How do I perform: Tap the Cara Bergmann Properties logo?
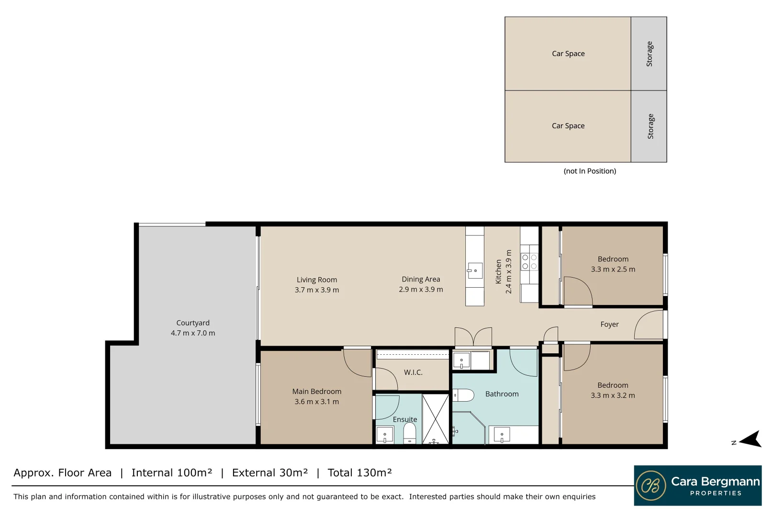[x=698, y=485]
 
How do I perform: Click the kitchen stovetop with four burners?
[x=529, y=261]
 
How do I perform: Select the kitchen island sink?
[x=475, y=271]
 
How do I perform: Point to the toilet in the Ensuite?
[x=410, y=434]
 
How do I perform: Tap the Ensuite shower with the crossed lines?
[x=436, y=419]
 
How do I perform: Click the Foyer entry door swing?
[x=649, y=325]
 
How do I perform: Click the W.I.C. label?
[x=413, y=372]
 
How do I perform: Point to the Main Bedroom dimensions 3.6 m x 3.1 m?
[x=317, y=402]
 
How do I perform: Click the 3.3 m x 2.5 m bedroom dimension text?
[x=613, y=269]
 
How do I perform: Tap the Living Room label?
[x=317, y=280]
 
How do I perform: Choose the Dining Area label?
[x=421, y=279]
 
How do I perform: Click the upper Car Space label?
[x=568, y=54]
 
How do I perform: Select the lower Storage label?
[x=650, y=126]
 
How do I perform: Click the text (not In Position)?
[x=590, y=171]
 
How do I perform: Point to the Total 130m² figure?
[x=359, y=472]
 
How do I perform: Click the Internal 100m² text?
[x=172, y=472]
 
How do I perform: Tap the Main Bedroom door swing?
[x=357, y=363]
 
